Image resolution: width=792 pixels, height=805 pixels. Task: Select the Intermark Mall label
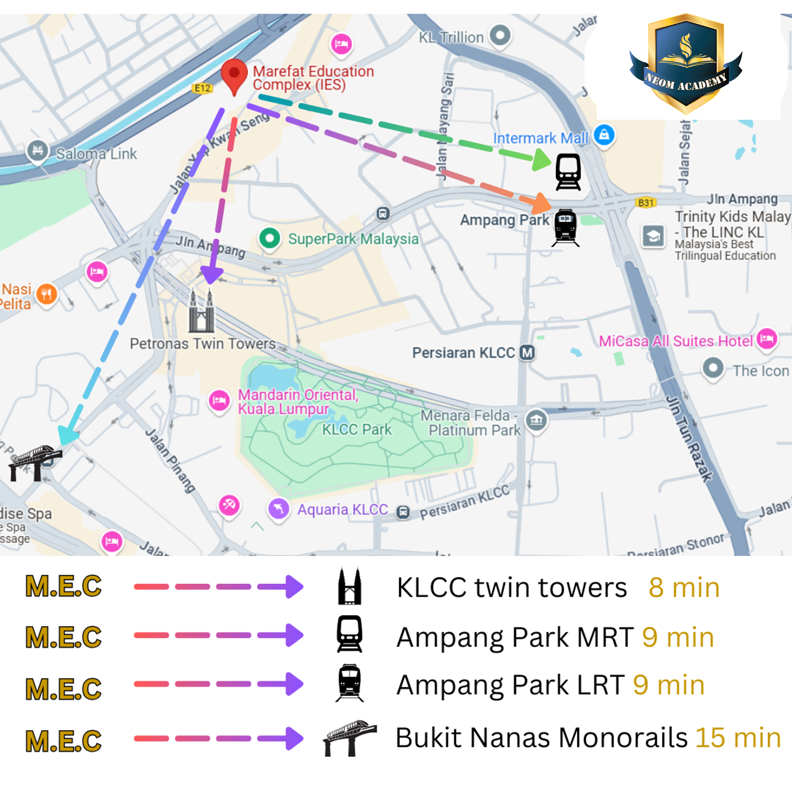540,138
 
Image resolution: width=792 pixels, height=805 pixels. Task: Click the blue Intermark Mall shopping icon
604,134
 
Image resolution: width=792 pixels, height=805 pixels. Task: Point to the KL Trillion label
451,38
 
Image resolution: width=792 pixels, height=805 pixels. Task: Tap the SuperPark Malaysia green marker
270,239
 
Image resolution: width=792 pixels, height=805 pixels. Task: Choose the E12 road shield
203,88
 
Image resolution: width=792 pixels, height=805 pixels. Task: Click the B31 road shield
645,202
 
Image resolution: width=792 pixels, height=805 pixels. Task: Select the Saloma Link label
96,154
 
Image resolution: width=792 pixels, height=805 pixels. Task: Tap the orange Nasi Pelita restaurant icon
47,294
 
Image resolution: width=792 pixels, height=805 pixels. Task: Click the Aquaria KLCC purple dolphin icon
279,508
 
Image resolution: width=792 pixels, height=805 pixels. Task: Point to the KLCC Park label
357,429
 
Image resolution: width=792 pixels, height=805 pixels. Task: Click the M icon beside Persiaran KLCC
527,353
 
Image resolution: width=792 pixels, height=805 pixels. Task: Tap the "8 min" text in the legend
684,587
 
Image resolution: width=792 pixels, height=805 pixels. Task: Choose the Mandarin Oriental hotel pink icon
219,401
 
